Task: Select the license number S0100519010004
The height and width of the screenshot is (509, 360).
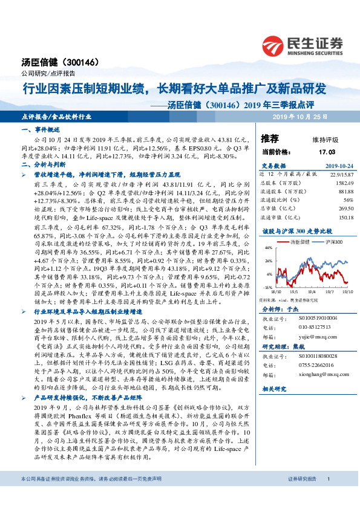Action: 314,316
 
